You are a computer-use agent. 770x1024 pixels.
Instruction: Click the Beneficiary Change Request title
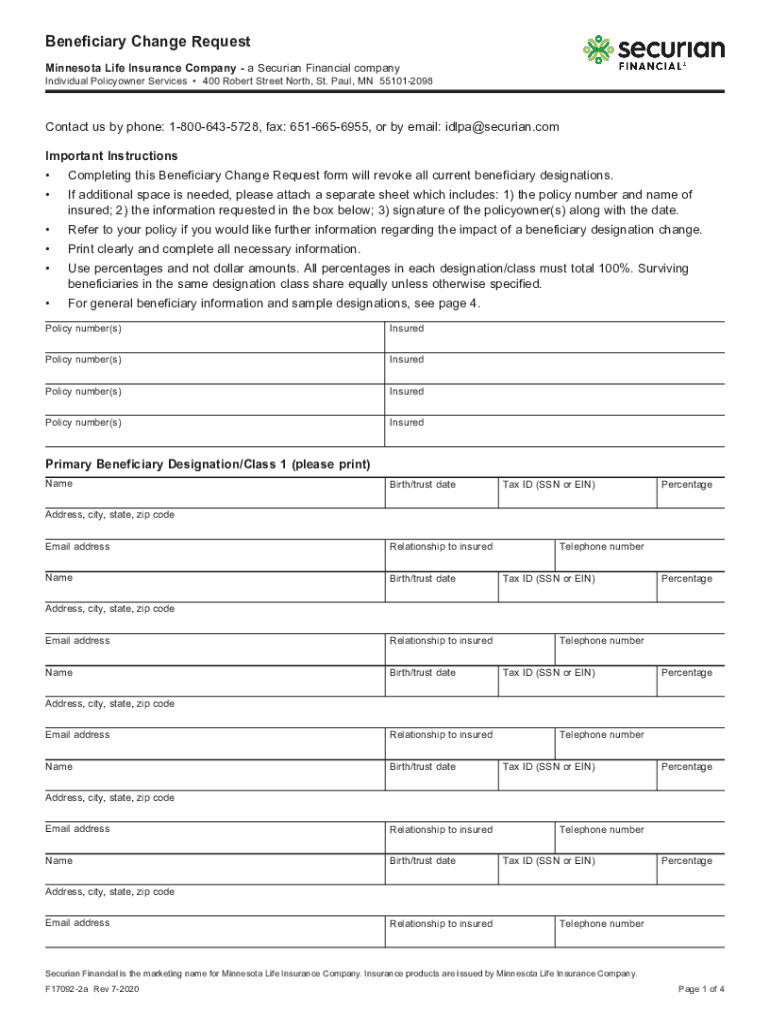pyautogui.click(x=147, y=42)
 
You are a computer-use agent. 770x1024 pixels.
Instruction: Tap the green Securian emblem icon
pyautogui.click(x=598, y=50)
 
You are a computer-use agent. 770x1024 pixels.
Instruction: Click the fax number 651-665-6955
pyautogui.click(x=325, y=127)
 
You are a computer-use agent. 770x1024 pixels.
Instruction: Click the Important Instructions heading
pyautogui.click(x=111, y=156)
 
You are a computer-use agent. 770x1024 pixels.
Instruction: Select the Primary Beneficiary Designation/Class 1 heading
pyautogui.click(x=208, y=464)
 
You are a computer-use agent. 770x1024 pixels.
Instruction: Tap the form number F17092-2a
pyautogui.click(x=72, y=989)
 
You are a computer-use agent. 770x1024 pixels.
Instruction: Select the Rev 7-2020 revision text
pyautogui.click(x=125, y=989)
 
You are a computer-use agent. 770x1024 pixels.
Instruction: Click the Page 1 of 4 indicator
pyautogui.click(x=701, y=989)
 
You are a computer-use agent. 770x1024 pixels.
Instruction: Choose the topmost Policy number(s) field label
pyautogui.click(x=83, y=329)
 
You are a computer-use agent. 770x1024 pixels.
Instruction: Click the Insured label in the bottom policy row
pyautogui.click(x=406, y=423)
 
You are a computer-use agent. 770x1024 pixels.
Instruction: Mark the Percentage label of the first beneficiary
pyautogui.click(x=686, y=485)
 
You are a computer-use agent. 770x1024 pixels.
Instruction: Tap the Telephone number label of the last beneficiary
pyautogui.click(x=601, y=924)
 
